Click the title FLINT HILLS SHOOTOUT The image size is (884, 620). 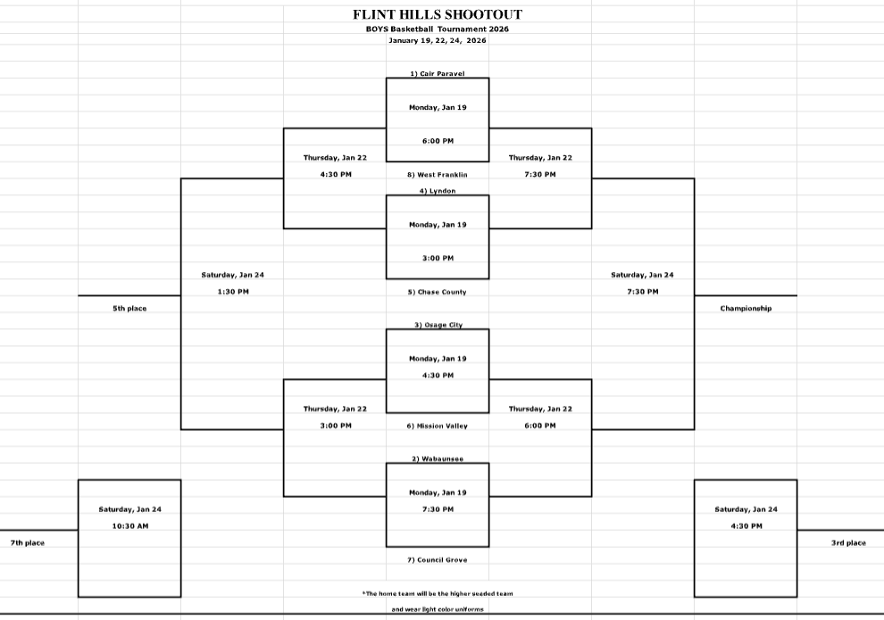[x=438, y=14]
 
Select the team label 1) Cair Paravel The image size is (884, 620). [x=438, y=74]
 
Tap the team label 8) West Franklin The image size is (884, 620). [x=438, y=175]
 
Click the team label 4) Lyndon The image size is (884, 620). [x=438, y=191]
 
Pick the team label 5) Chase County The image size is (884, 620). [x=438, y=292]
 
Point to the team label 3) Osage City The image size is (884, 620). [x=438, y=326]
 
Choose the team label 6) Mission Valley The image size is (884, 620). [x=438, y=426]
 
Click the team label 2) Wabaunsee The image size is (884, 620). [x=438, y=459]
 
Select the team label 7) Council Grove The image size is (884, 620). [x=438, y=560]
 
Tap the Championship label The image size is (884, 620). [x=746, y=309]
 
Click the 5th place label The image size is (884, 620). [x=129, y=309]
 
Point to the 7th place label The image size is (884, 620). [x=28, y=543]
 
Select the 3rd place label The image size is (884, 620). [x=848, y=543]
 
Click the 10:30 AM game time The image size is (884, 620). [x=129, y=526]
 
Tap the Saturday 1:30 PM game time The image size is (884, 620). [x=232, y=292]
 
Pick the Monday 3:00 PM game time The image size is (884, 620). [x=438, y=259]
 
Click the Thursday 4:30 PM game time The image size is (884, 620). [x=335, y=175]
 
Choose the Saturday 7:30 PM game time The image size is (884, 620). [x=643, y=292]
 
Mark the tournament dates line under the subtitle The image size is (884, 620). [x=438, y=41]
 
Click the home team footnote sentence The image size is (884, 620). [x=438, y=593]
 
